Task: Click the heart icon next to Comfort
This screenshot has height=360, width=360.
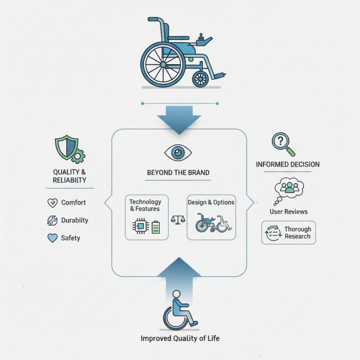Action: [x=52, y=203]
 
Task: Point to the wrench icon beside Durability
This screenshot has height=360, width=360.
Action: [x=52, y=220]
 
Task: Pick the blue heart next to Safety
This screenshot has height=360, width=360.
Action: [x=52, y=238]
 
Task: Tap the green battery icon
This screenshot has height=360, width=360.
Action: [x=156, y=226]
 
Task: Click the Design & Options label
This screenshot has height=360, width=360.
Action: [x=211, y=202]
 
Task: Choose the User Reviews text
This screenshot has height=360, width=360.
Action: [x=288, y=211]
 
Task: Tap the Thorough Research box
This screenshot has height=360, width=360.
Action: [x=288, y=233]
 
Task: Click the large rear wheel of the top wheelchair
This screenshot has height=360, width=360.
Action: [x=163, y=64]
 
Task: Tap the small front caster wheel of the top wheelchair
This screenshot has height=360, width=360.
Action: [x=200, y=79]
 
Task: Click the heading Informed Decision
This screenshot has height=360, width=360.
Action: [x=288, y=164]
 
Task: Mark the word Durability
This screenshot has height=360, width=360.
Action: [x=74, y=220]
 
